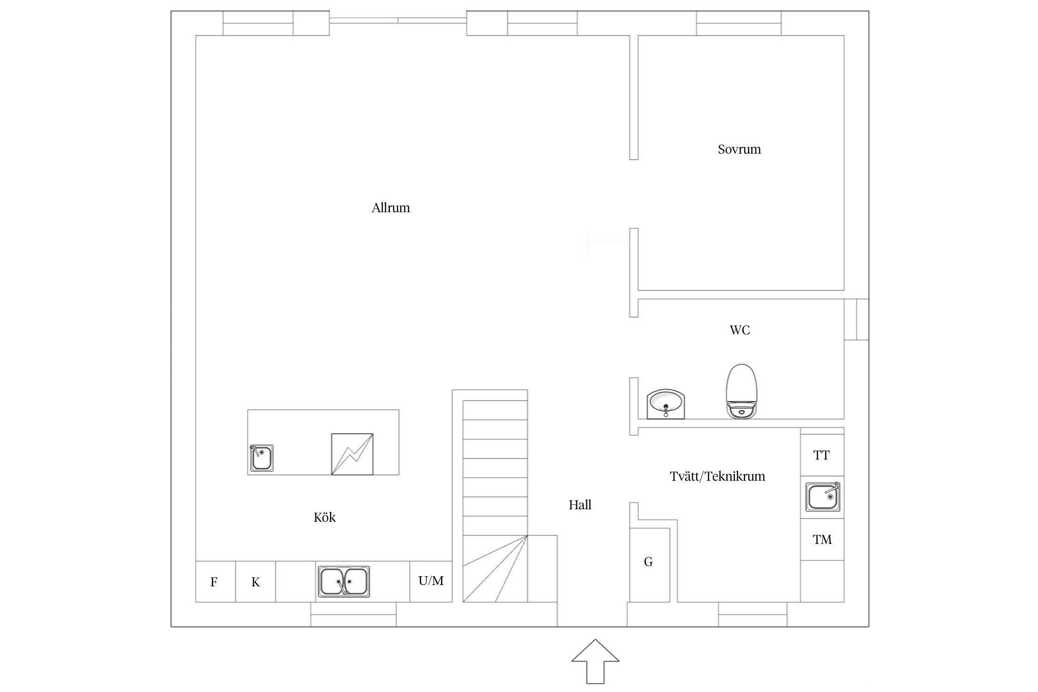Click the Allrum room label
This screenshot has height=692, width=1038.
click(391, 208)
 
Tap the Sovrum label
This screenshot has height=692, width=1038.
click(739, 149)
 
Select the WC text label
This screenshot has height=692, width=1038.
click(740, 330)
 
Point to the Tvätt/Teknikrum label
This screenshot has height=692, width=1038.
click(717, 477)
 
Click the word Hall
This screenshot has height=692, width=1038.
click(580, 505)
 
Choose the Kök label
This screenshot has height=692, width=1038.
click(324, 518)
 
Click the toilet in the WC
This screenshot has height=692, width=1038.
click(742, 391)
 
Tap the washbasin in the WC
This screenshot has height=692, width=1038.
click(666, 404)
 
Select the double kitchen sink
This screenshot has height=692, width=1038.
click(344, 582)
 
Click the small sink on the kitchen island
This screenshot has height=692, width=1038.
click(262, 458)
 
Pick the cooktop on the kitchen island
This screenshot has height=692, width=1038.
click(352, 454)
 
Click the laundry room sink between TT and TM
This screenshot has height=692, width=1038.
click(823, 497)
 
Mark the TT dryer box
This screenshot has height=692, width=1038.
click(822, 455)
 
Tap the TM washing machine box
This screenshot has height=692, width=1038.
click(822, 540)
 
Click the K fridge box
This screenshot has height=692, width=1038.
click(256, 582)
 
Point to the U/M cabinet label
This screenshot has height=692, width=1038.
click(431, 581)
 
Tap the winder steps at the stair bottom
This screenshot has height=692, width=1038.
click(495, 569)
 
